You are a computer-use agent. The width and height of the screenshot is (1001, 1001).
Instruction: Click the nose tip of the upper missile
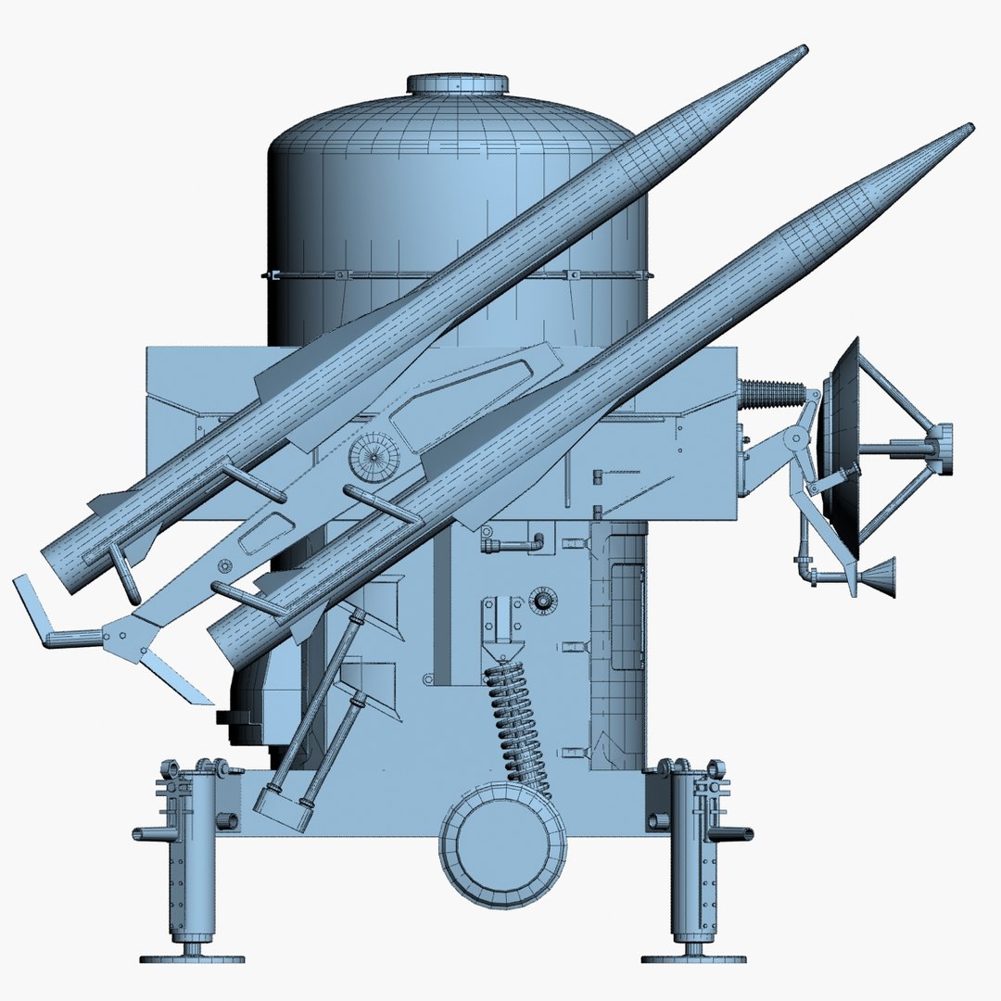[x=803, y=49]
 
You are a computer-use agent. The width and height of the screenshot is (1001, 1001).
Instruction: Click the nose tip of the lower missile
[x=969, y=127]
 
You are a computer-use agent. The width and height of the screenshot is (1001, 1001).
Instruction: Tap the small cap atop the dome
[x=458, y=83]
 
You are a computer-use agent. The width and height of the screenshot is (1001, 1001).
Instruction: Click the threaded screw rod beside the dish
[x=775, y=392]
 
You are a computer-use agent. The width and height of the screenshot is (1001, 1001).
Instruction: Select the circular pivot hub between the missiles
[x=374, y=456]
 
